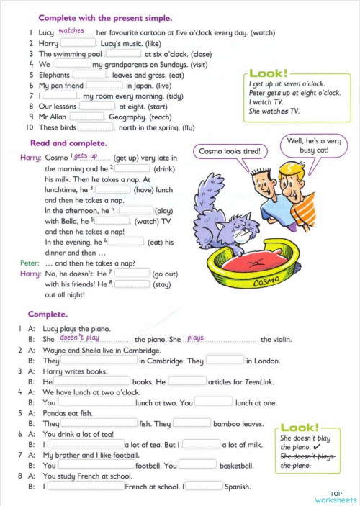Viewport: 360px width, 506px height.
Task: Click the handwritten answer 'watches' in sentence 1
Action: click(x=71, y=31)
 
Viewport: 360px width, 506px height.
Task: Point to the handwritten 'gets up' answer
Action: click(x=85, y=155)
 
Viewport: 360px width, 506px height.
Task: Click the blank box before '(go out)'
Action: click(x=132, y=274)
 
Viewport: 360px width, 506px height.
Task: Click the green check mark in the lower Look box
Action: click(x=307, y=447)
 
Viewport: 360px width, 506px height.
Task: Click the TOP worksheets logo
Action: click(x=335, y=496)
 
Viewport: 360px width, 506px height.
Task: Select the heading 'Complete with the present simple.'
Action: click(x=105, y=17)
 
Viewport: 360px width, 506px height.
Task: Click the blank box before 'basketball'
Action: click(x=197, y=465)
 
